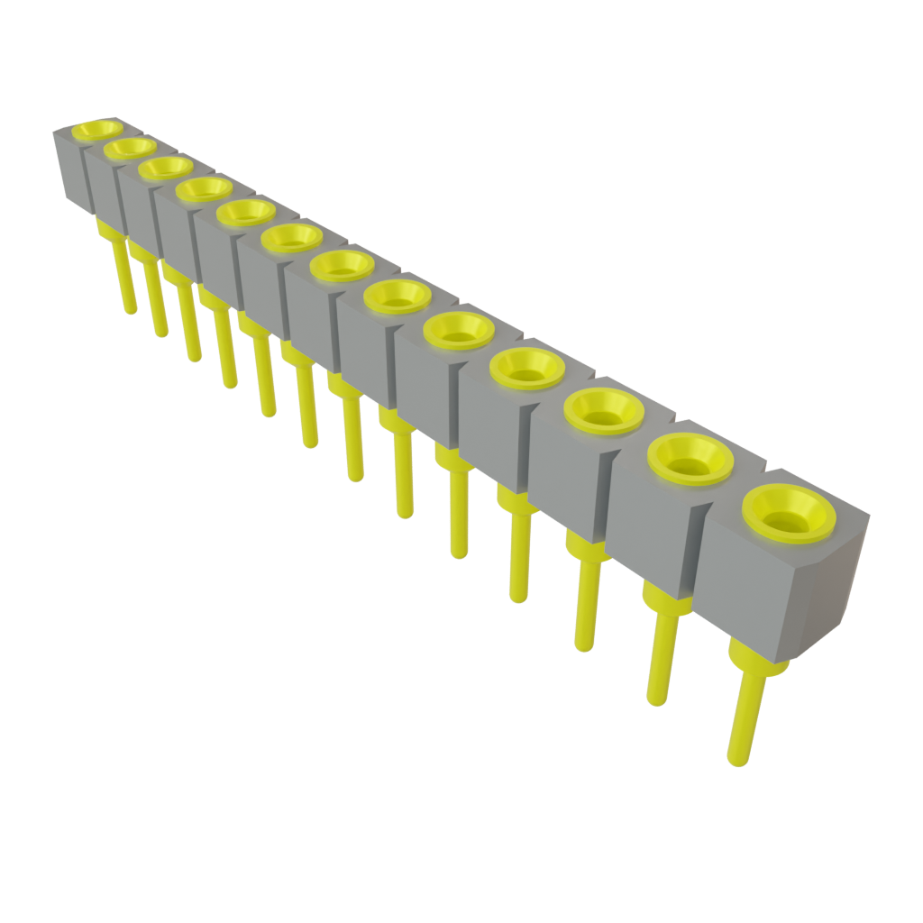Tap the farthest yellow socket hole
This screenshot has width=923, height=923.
pos(96,130)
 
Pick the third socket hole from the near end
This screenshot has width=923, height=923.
pos(604,411)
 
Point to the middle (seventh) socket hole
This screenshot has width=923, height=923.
pos(342,265)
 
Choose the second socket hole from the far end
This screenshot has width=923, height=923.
pos(131,147)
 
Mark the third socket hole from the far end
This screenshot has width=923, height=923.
pos(167,168)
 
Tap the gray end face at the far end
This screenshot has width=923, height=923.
pos(69,167)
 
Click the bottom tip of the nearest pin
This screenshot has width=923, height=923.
pos(737,760)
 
